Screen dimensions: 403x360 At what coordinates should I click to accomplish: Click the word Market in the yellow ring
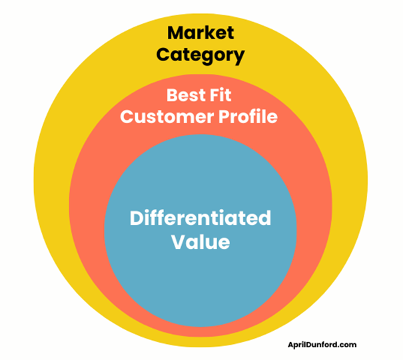201,32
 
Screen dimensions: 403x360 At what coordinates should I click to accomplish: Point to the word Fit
225,95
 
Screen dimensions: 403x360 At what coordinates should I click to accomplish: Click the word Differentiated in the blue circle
200,218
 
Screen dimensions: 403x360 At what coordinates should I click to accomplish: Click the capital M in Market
175,32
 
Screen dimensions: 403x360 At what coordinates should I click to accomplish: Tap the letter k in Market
210,32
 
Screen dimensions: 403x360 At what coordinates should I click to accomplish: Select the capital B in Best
172,95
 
